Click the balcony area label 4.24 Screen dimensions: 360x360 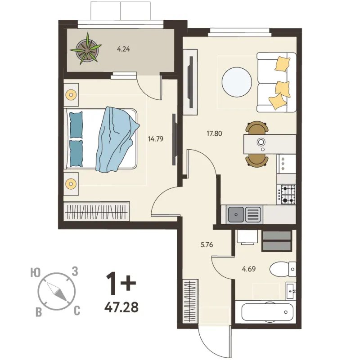point(123,49)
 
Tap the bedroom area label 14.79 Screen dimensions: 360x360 point(156,139)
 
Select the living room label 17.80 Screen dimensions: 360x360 point(214,133)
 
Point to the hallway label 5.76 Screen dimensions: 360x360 point(207,245)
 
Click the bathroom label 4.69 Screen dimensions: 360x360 point(249,269)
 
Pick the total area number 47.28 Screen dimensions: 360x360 point(121,307)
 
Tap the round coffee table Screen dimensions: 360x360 point(237,82)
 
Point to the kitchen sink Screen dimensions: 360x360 point(244,215)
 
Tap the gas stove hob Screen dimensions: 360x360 point(287,195)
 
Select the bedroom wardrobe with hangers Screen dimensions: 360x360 point(97,212)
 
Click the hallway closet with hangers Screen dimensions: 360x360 point(190,301)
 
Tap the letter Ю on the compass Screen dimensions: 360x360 point(36,273)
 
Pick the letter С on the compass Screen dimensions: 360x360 point(77,311)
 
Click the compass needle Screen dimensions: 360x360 point(57,292)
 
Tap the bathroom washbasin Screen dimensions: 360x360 point(291,291)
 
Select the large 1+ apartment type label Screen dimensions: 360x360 point(121,284)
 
